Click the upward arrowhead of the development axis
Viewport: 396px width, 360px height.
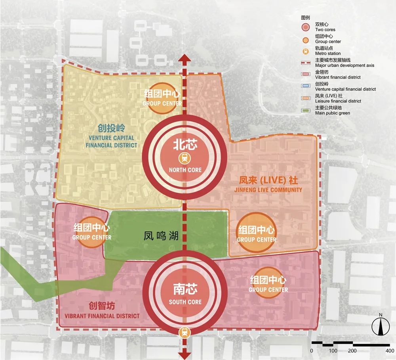[185, 60]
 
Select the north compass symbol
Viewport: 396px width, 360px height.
[380, 326]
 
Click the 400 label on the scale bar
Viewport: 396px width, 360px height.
[385, 350]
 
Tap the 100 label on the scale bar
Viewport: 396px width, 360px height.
[333, 350]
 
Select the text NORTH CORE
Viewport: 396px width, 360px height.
[185, 170]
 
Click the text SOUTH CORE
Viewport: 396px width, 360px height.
[185, 302]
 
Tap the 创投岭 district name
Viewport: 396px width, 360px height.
[111, 128]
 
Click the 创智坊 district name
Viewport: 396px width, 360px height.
[102, 306]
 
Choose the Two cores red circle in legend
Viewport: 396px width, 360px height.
[306, 27]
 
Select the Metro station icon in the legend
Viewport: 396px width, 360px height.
[306, 51]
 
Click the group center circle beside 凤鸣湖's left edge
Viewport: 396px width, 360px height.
[92, 233]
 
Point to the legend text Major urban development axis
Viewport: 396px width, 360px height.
[345, 65]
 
